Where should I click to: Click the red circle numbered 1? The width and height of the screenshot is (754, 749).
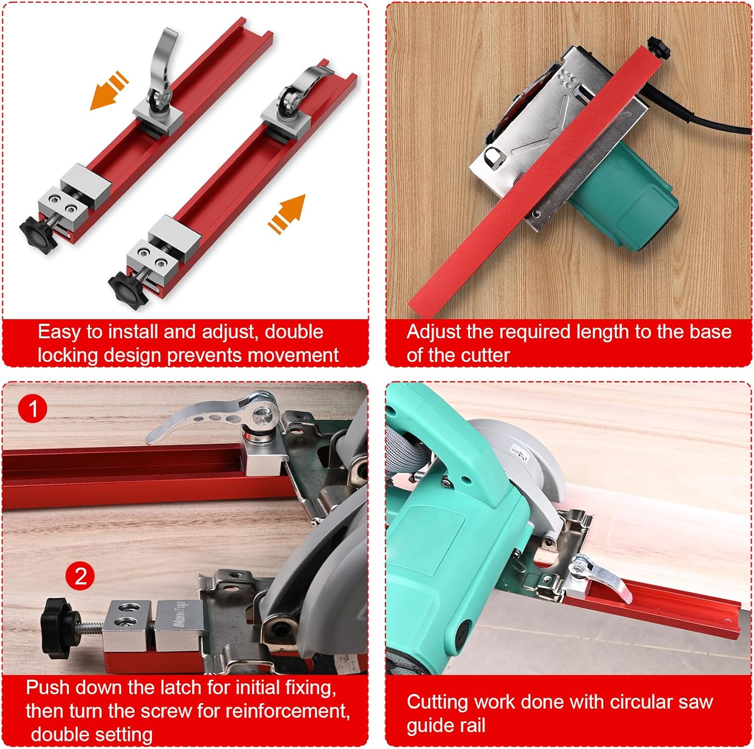[x=33, y=409]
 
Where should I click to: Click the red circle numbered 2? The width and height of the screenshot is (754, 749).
[x=80, y=576]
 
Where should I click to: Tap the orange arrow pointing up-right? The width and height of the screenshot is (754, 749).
[x=288, y=213]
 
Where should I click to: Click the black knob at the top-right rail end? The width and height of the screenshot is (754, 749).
[x=659, y=47]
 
